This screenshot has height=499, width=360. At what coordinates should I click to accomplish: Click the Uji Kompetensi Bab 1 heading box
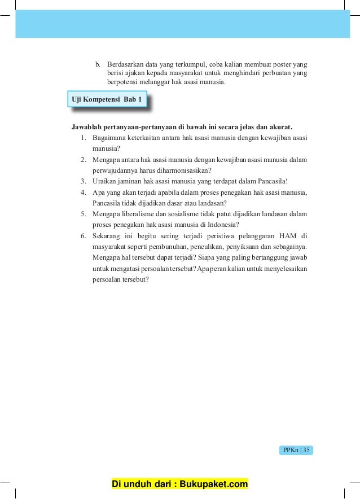pos(107,100)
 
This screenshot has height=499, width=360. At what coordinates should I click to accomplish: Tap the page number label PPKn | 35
pos(296,450)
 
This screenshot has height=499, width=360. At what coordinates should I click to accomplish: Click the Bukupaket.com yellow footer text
pos(180,484)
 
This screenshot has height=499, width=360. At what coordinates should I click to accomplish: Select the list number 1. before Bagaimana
pos(83,137)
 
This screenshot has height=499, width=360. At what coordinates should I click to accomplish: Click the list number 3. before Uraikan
pos(83,181)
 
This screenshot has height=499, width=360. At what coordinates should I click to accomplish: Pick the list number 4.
pos(83,192)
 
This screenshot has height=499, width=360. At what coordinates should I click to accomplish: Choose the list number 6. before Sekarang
pos(83,235)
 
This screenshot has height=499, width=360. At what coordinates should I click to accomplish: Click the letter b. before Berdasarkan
pos(98,62)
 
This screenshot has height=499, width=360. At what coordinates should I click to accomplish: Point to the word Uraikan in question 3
pos(105,181)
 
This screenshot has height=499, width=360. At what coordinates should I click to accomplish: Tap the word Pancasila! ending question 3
pos(273,181)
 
